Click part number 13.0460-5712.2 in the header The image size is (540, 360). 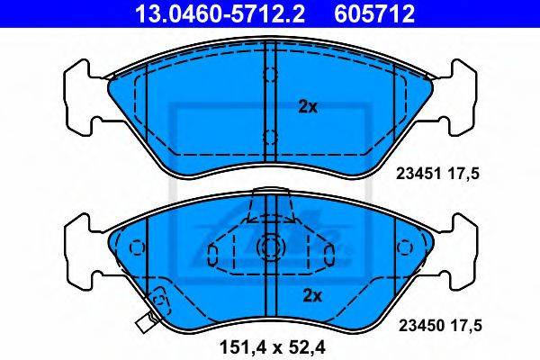click(x=220, y=14)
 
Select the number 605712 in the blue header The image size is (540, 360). click(x=374, y=14)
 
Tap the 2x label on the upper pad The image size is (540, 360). click(x=308, y=107)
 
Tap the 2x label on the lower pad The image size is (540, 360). click(x=312, y=295)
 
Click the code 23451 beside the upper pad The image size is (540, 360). click(x=418, y=174)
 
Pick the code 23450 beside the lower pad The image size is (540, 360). click(x=421, y=326)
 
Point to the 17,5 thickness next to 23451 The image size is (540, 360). click(x=463, y=174)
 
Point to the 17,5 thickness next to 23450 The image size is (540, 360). click(x=465, y=326)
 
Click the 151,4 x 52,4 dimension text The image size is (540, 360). click(x=273, y=347)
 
